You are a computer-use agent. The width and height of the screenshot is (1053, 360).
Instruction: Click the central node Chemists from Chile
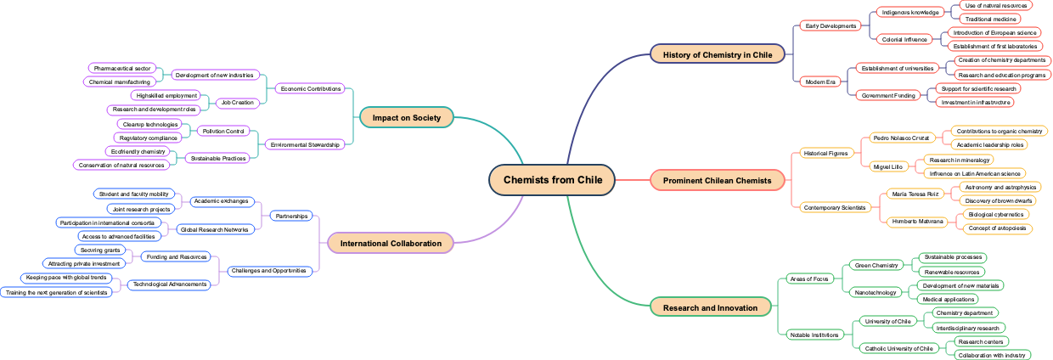[552, 180]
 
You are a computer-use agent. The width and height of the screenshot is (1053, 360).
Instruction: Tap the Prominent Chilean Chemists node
[717, 180]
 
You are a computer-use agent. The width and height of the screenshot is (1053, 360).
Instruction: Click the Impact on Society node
[406, 117]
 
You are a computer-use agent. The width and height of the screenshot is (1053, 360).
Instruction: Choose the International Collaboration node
[391, 244]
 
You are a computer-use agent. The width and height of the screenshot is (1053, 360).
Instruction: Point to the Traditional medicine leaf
[989, 19]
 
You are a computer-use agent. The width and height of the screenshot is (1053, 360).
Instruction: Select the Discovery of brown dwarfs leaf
[999, 201]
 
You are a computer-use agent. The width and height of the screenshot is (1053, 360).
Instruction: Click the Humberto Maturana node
[917, 222]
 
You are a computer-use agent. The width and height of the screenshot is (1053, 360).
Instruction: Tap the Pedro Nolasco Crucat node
[901, 138]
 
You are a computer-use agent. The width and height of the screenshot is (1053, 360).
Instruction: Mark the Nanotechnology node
[875, 292]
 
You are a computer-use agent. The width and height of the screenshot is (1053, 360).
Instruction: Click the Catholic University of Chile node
[898, 348]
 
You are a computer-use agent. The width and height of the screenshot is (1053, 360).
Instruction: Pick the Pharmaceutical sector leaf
[122, 68]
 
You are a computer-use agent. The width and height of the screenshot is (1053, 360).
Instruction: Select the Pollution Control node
[223, 131]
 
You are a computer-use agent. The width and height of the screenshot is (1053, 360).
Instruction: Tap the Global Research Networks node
[213, 229]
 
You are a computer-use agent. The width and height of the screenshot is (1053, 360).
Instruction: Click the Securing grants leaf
[100, 250]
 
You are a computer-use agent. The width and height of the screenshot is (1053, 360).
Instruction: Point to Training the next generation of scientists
[57, 292]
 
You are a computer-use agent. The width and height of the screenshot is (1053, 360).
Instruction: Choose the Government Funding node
[888, 95]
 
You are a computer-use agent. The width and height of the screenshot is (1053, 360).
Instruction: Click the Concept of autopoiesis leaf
[997, 228]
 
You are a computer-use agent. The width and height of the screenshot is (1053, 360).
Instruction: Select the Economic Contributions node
[310, 88]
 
